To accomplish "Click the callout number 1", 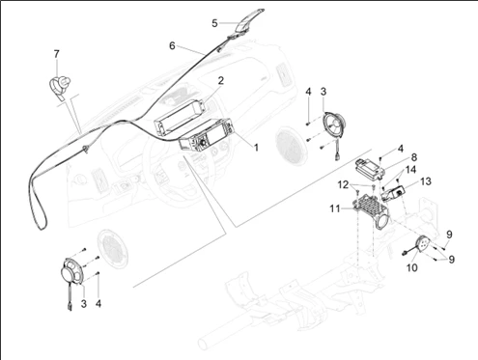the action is [x=256, y=148].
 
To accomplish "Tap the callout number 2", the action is [x=221, y=80].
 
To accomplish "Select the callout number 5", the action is [x=214, y=23].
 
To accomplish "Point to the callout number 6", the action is [x=172, y=45].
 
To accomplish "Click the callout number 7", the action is [x=57, y=54].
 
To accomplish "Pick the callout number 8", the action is [x=414, y=157].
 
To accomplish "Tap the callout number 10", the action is [x=412, y=267].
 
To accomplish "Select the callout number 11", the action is [x=335, y=208].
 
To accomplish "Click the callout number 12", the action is [x=343, y=184].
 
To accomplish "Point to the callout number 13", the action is [x=426, y=181].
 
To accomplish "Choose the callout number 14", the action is [x=410, y=170].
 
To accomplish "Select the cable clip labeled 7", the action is [x=60, y=85].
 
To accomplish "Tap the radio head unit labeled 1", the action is [x=206, y=135].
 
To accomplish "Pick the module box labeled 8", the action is [x=370, y=168].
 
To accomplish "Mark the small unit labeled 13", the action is [x=394, y=193].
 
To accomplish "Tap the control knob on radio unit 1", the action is [x=203, y=141].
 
